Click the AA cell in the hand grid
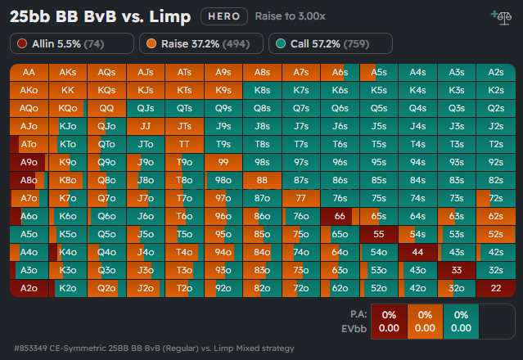[29, 72]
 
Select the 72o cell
[301, 288]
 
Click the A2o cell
[29, 288]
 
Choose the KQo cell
[68, 108]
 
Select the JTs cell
[184, 126]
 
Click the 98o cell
[223, 180]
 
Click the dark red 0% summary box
[389, 320]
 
